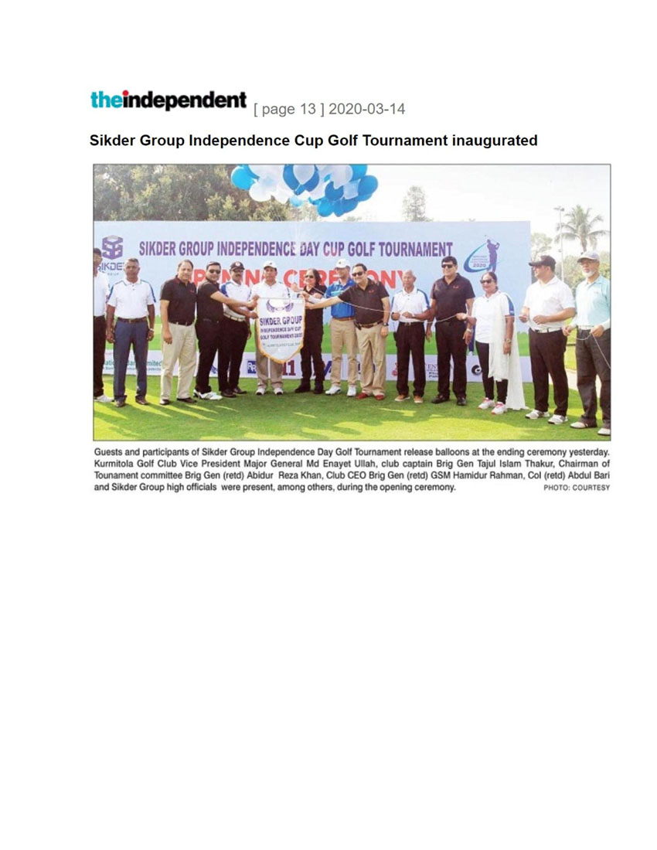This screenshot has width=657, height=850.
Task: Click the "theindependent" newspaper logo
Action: pyautogui.click(x=168, y=100)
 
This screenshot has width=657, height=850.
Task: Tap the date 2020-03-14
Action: pyautogui.click(x=366, y=109)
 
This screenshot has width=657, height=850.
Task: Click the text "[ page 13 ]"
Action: pyautogui.click(x=288, y=109)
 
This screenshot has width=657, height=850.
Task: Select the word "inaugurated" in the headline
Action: pyautogui.click(x=495, y=141)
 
